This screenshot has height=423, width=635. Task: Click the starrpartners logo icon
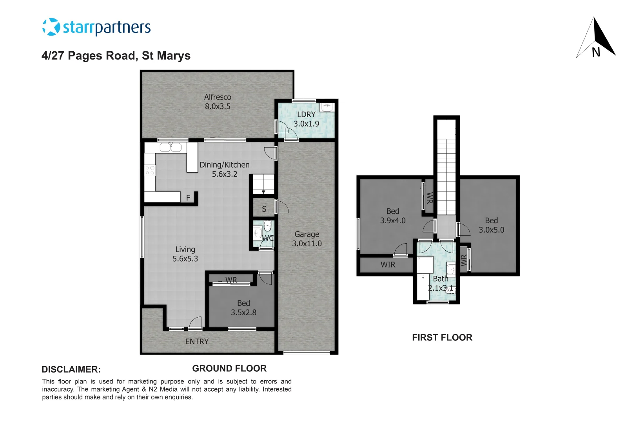pyautogui.click(x=51, y=27)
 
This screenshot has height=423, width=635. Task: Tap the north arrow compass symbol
pyautogui.click(x=596, y=39)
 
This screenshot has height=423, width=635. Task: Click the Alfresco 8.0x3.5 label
pyautogui.click(x=218, y=102)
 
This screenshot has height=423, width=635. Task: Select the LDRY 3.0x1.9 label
pyautogui.click(x=306, y=119)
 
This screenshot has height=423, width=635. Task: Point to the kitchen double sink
pyautogui.click(x=171, y=147)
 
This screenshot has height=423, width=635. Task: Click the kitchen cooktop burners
pyautogui.click(x=150, y=170)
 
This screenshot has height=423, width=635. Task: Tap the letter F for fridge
pyautogui.click(x=188, y=198)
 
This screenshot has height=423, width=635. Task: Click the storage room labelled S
pyautogui.click(x=264, y=209)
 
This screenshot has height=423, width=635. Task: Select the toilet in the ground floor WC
pyautogui.click(x=267, y=226)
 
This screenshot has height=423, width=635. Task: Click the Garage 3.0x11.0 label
pyautogui.click(x=307, y=239)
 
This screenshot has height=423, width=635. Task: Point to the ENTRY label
pyautogui.click(x=197, y=342)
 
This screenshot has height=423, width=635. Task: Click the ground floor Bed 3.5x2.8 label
pyautogui.click(x=243, y=308)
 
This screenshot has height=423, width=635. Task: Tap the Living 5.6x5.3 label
pyautogui.click(x=185, y=254)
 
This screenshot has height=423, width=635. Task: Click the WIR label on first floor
pyautogui.click(x=388, y=265)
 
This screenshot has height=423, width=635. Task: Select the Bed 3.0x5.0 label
pyautogui.click(x=491, y=225)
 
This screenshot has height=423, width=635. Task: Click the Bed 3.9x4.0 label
pyautogui.click(x=393, y=216)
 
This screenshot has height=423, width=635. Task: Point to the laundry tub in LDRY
pyautogui.click(x=327, y=107)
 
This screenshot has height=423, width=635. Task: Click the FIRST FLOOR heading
pyautogui.click(x=442, y=338)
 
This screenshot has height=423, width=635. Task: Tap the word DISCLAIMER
pyautogui.click(x=71, y=369)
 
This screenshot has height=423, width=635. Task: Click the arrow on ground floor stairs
pyautogui.click(x=263, y=192)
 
